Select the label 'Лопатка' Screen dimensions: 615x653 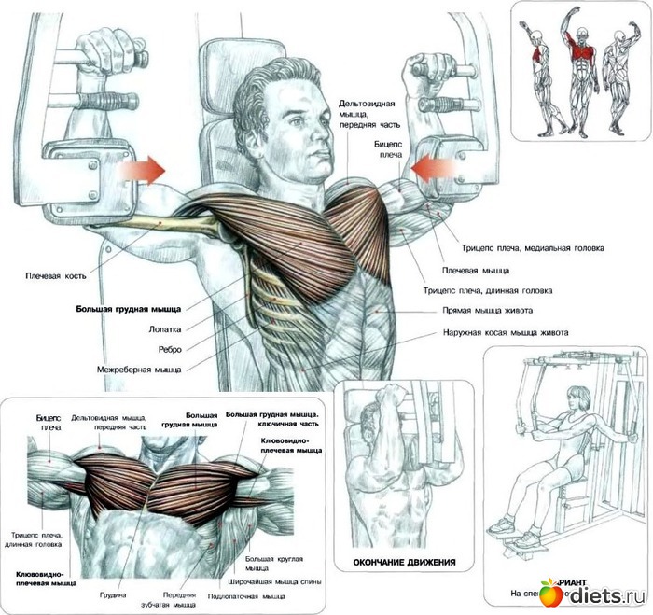163,328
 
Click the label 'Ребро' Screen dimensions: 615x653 169,349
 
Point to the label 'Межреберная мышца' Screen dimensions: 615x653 139,370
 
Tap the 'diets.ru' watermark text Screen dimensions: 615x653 604,594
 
